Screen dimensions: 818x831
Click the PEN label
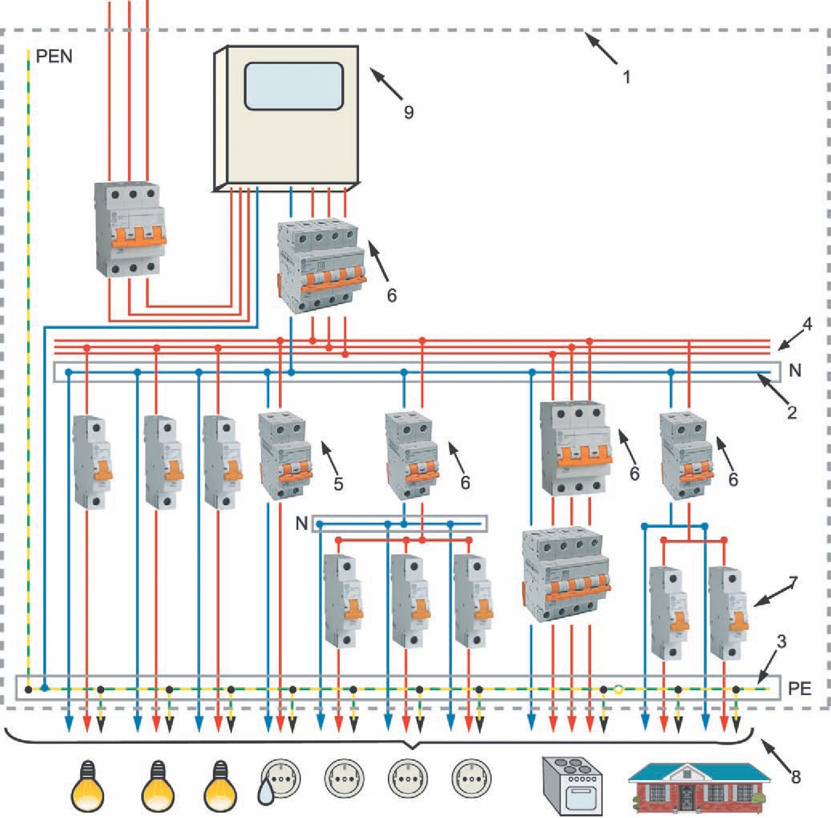tap(53, 56)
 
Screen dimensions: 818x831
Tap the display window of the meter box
tap(293, 86)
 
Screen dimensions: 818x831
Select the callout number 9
tap(408, 112)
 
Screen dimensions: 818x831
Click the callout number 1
tap(627, 78)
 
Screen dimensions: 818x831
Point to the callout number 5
tap(338, 483)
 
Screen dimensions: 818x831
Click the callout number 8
tap(796, 776)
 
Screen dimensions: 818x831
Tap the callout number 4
tap(807, 324)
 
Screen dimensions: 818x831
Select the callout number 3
tap(781, 642)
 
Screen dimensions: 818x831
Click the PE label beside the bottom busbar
tap(799, 689)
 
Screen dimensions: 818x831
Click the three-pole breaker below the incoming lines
tap(129, 229)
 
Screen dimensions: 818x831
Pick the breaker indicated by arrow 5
tap(282, 456)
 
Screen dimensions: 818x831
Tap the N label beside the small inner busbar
tap(301, 523)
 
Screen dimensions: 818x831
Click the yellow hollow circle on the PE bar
tap(619, 690)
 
